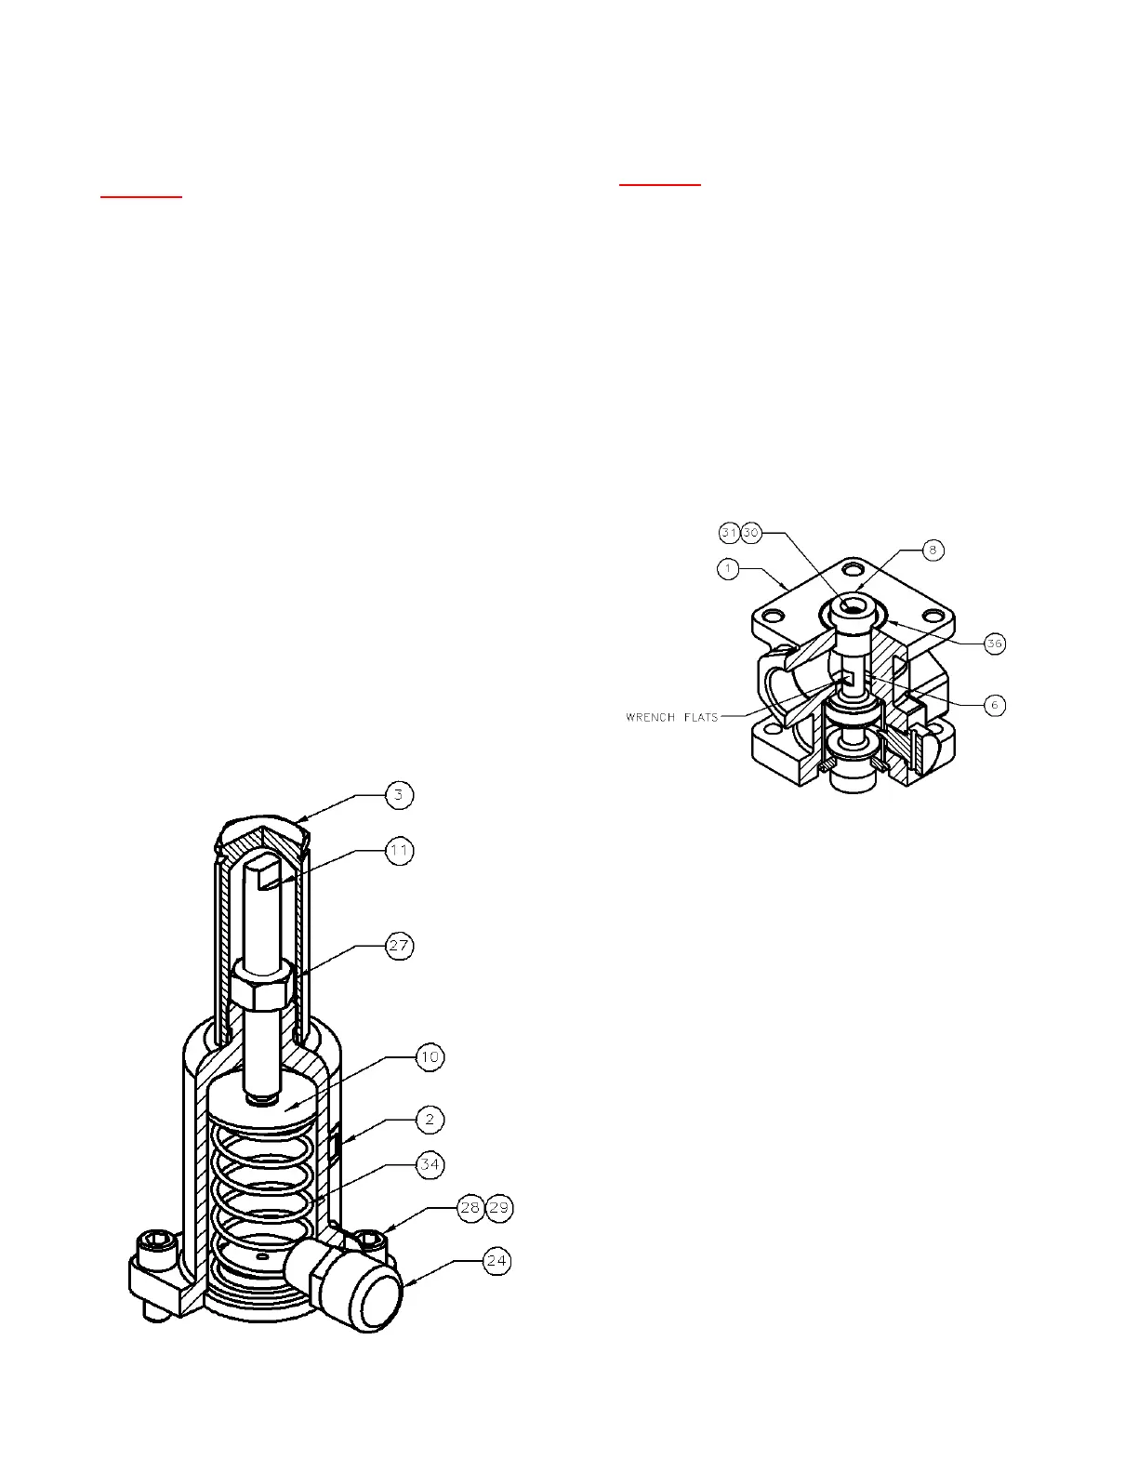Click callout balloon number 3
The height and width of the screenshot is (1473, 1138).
coord(400,795)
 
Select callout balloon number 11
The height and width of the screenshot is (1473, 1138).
coord(400,851)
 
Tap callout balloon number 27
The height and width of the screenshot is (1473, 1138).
coord(400,946)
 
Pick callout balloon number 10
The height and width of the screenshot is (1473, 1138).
coord(430,1057)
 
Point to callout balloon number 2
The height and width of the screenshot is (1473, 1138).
coord(430,1119)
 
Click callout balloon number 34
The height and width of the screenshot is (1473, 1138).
coord(430,1164)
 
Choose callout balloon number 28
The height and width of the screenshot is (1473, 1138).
coord(470,1208)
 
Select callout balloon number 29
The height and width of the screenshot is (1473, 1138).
coord(499,1208)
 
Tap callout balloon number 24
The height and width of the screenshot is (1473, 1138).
coord(497,1261)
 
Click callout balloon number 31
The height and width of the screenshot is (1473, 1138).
coord(730,533)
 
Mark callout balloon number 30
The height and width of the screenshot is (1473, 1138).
coord(751,533)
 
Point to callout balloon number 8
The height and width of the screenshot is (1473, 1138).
coord(933,550)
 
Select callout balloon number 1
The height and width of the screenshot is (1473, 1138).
coord(729,568)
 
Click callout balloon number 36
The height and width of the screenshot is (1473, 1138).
coord(995,644)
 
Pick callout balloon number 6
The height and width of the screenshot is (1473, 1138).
coord(994,705)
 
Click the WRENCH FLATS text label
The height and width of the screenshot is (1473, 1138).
coord(672,717)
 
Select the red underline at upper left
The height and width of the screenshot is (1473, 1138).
coord(141,196)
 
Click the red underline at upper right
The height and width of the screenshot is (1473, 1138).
coord(660,185)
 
